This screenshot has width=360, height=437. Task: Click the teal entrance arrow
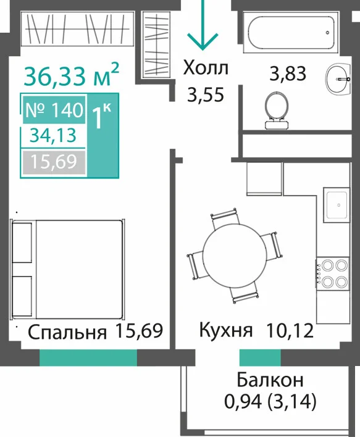click(203, 25)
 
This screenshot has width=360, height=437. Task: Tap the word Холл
click(206, 69)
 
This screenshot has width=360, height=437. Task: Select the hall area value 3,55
click(206, 95)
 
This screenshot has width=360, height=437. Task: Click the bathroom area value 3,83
click(288, 73)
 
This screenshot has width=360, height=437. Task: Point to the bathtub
click(291, 32)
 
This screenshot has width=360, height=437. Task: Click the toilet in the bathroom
click(276, 110)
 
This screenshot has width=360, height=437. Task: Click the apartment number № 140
click(54, 110)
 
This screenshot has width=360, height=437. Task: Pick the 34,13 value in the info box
click(53, 136)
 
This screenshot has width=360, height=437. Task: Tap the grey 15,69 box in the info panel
click(54, 162)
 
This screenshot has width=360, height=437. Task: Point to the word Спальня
click(67, 332)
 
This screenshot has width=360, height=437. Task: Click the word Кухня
click(226, 330)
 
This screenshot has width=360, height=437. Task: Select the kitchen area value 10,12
click(290, 331)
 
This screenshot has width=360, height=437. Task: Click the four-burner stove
click(332, 273)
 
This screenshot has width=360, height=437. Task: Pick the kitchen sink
click(337, 205)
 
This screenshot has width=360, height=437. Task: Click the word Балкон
click(270, 380)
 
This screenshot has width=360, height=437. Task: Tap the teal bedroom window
click(88, 357)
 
